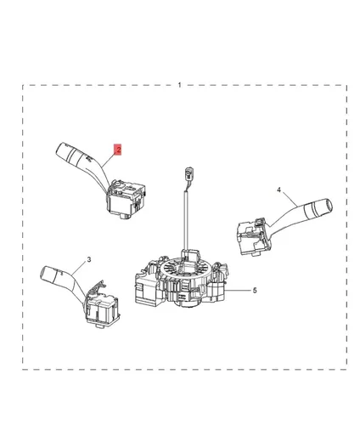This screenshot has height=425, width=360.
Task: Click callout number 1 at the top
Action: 180,84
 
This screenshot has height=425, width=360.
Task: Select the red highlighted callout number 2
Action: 119,150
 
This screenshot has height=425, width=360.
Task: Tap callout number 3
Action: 89,258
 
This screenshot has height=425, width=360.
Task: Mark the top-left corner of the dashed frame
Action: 23,85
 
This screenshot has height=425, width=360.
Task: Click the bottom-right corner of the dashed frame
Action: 346,369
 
